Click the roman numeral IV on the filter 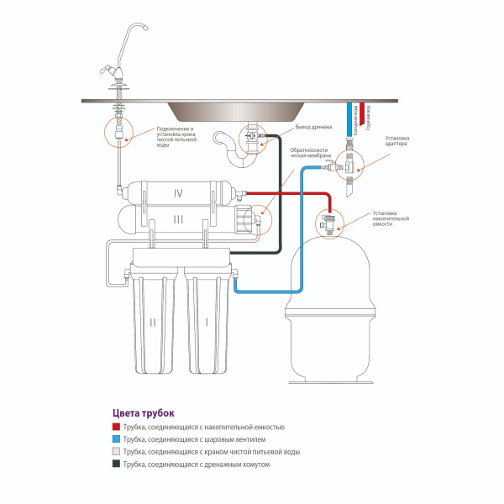178,192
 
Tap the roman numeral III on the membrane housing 178,219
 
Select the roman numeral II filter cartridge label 153,321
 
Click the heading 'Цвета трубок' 143,413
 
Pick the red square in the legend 116,428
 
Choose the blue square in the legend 116,440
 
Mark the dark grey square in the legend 116,464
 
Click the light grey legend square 116,452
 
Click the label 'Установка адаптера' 397,140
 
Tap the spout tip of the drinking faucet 146,30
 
